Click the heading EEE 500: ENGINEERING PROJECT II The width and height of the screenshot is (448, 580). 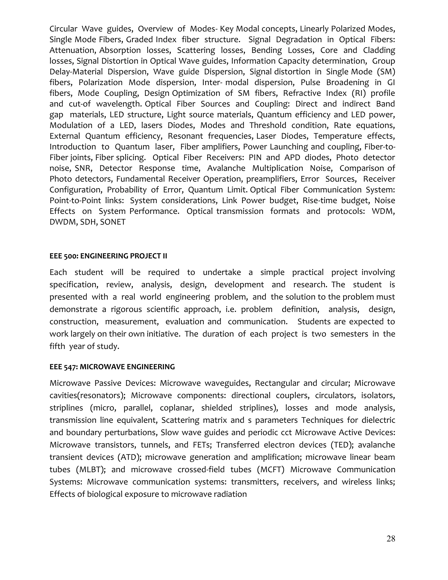108,256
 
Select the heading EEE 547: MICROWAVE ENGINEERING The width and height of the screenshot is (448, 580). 112,367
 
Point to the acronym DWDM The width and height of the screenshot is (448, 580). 63,222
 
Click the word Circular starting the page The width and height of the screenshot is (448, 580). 63,29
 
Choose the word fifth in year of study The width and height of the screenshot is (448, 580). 57,346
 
